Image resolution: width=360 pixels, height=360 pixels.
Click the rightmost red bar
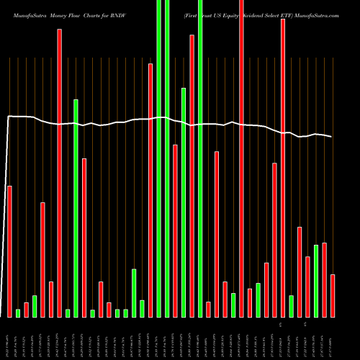point(333,295)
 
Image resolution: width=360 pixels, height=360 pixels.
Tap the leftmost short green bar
point(18,312)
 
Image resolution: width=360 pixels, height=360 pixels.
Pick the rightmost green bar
point(316,281)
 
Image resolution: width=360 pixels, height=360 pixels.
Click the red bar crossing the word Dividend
point(242,158)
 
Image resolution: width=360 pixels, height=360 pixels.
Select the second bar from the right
point(324,279)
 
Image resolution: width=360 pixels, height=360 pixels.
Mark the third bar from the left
point(26,309)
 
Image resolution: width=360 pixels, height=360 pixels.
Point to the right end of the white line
point(332,137)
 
